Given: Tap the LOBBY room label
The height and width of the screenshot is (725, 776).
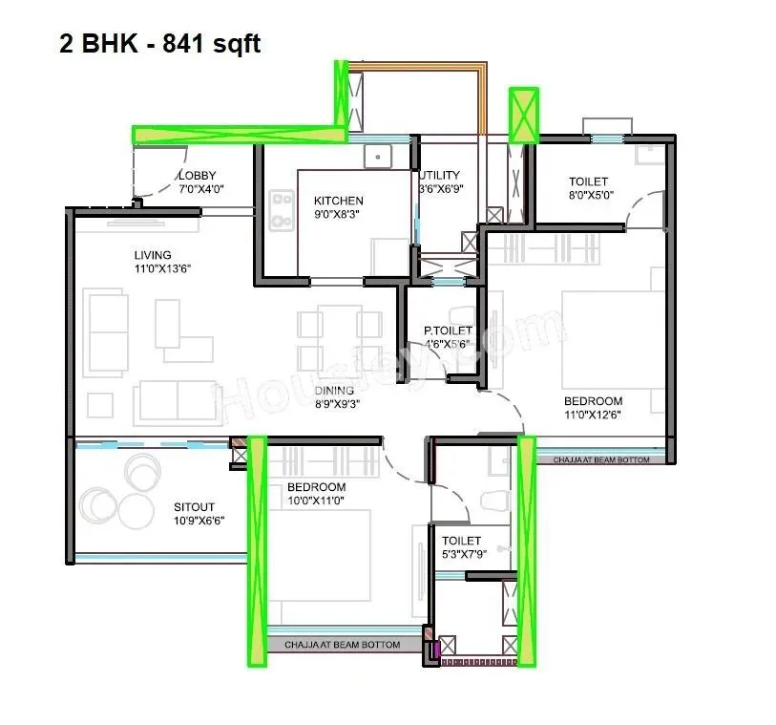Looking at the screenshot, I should pos(198,175).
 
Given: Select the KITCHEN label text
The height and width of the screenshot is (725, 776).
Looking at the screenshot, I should pos(338,201).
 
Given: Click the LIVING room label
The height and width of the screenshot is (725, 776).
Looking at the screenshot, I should pos(152,255).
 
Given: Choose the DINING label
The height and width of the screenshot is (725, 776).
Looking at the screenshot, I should pos(334,390).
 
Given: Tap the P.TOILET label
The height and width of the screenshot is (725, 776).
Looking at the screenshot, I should pos(448,331).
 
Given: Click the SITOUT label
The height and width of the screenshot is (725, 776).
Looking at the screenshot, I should pos(194,507).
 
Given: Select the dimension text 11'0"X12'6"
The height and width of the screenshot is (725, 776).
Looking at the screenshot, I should pos(593,415).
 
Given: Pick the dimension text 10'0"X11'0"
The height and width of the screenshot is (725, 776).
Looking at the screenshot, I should pos(316,500).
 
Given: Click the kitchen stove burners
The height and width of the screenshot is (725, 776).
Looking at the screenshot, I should pos(282,211).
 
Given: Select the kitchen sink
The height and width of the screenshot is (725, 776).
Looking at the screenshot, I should pos(378,157).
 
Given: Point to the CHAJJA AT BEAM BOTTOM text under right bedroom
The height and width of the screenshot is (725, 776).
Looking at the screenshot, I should pos(601,459).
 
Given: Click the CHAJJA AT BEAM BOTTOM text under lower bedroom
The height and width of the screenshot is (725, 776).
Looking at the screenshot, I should pos(342,645).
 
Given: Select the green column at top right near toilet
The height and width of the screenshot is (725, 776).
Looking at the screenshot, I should pos(523,115).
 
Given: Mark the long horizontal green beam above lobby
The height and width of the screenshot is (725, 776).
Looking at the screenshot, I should pos(239,134).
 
